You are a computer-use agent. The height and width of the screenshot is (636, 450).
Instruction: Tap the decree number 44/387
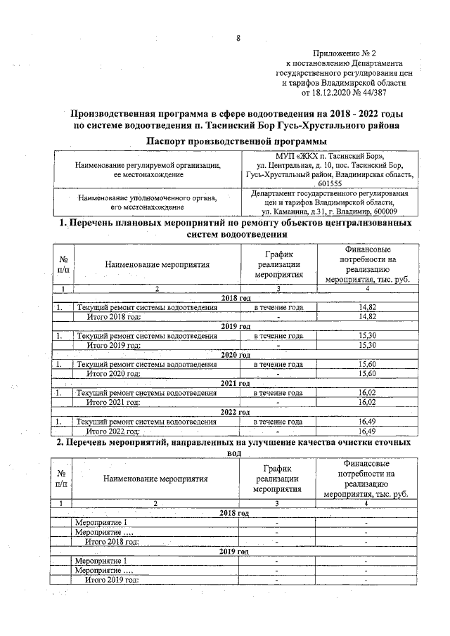point(371,92)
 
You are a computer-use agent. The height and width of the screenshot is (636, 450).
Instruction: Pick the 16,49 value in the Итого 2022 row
point(366,431)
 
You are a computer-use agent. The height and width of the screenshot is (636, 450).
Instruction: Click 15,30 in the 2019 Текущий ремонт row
point(366,336)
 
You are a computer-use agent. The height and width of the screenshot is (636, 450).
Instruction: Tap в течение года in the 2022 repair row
point(278,422)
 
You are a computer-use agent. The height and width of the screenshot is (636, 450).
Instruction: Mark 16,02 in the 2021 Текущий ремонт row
point(366,393)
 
